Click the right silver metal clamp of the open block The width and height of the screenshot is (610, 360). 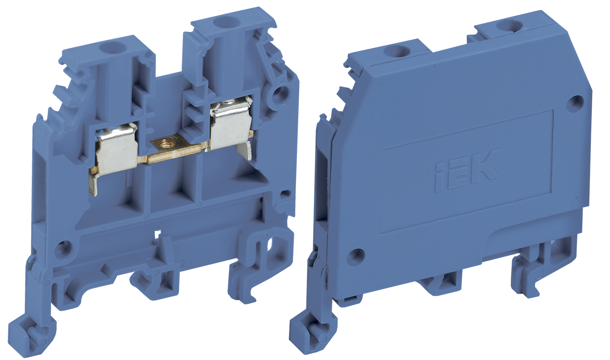231,124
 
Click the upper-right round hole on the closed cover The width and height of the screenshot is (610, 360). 575,104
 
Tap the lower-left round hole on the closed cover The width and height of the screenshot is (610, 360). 356,257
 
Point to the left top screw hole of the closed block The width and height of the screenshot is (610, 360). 397,51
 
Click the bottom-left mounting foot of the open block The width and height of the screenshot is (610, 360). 30,333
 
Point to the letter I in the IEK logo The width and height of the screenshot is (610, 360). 440,177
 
